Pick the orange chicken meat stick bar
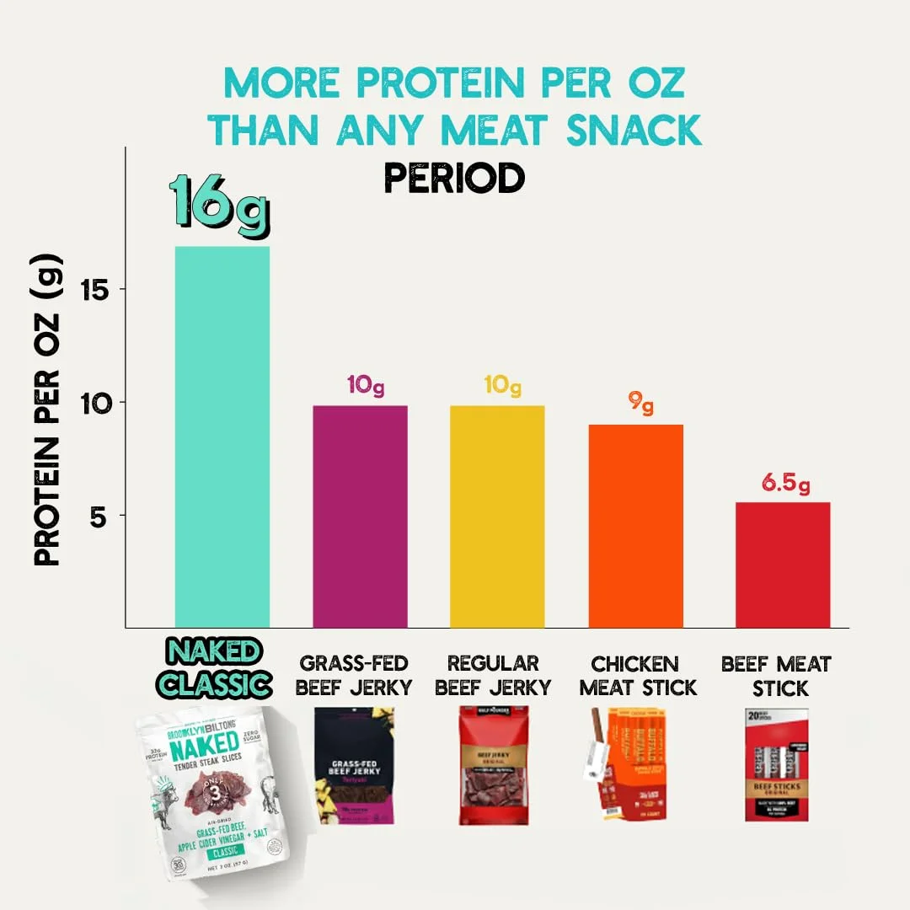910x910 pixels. (x=635, y=526)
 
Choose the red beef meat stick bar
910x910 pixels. (x=782, y=565)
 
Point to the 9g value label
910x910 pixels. (x=641, y=404)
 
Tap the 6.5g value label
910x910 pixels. (x=786, y=484)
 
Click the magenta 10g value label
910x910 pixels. (x=366, y=386)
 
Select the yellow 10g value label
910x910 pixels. (x=503, y=386)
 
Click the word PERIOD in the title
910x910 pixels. (x=454, y=178)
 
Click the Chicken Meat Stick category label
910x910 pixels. (x=638, y=675)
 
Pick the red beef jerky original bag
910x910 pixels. (x=493, y=764)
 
